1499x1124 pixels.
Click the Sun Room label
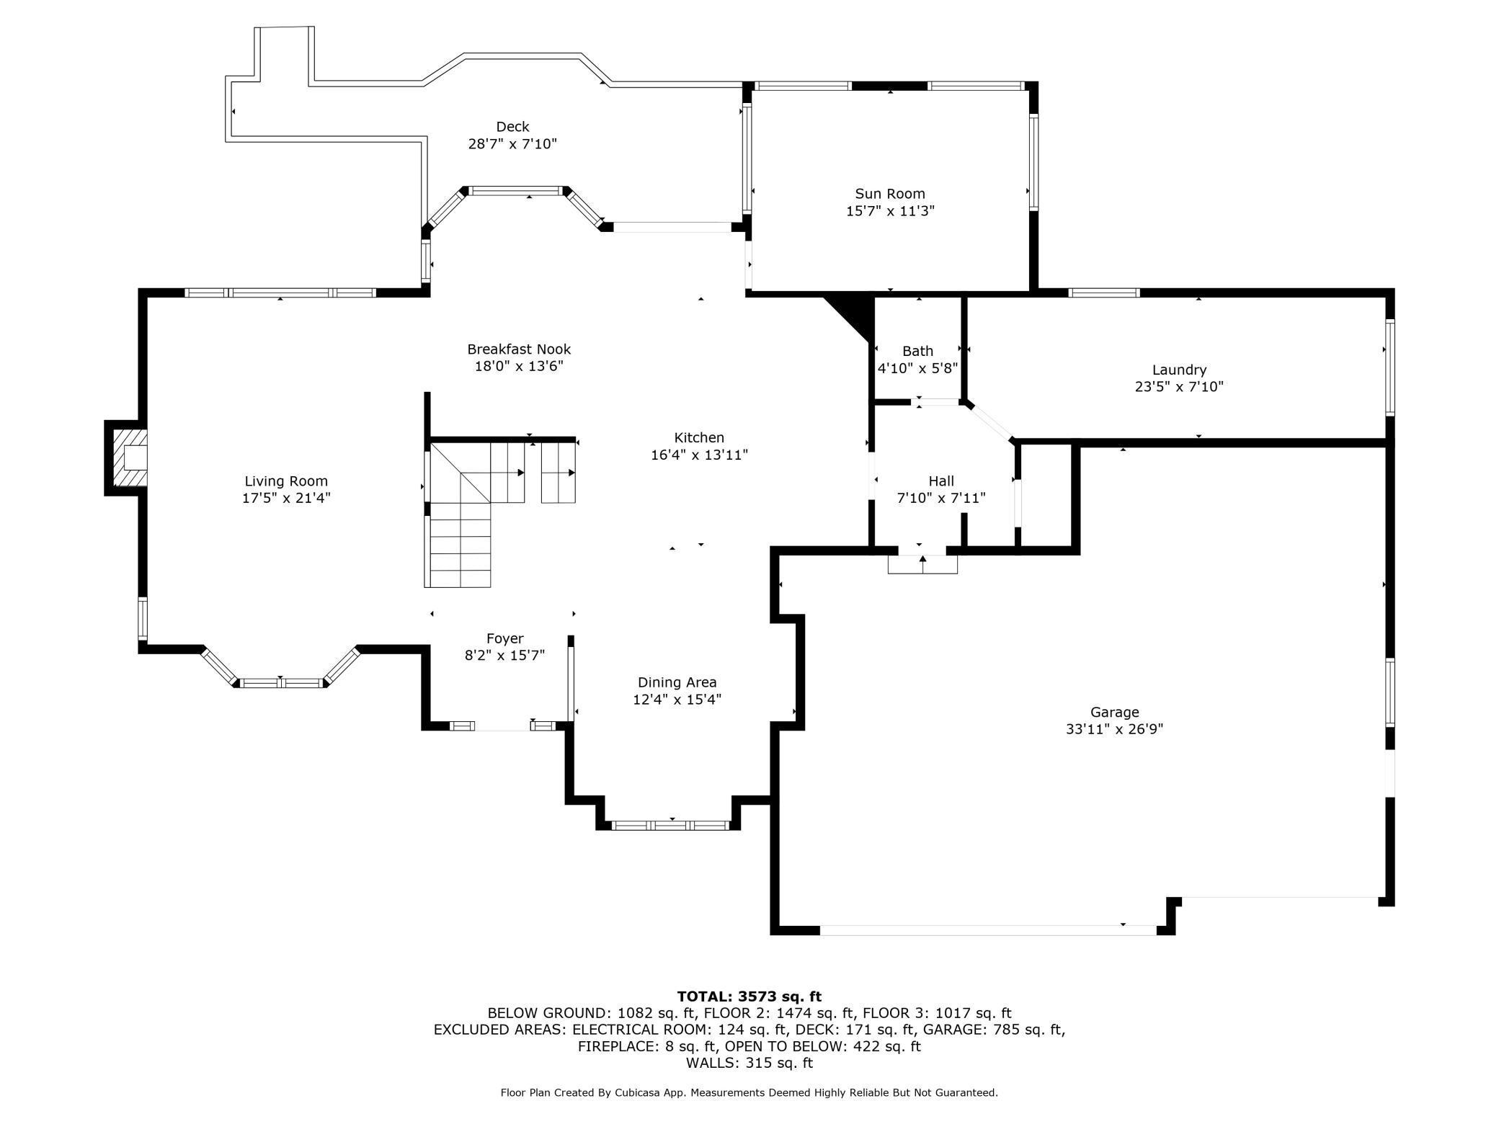click(x=890, y=194)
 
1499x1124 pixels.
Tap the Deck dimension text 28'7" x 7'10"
click(x=512, y=144)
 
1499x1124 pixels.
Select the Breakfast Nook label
click(x=519, y=349)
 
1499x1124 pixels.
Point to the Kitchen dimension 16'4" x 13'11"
click(x=699, y=455)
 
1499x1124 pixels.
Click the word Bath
click(x=917, y=351)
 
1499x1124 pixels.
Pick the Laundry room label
click(x=1179, y=370)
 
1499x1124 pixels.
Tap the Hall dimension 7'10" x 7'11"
click(x=941, y=498)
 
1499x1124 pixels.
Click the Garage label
click(x=1114, y=713)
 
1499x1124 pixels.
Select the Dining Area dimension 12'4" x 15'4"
click(x=677, y=700)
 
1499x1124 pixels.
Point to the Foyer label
click(x=504, y=638)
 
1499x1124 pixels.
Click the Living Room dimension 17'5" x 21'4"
click(x=286, y=498)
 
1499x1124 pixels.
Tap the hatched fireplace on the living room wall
click(x=130, y=458)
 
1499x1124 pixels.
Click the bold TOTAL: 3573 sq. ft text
click(x=749, y=996)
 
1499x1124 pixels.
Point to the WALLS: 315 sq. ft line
click(x=749, y=1063)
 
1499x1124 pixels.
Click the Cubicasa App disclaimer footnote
click(x=749, y=1093)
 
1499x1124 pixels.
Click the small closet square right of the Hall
click(x=1047, y=496)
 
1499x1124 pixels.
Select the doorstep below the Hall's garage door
click(x=922, y=564)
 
